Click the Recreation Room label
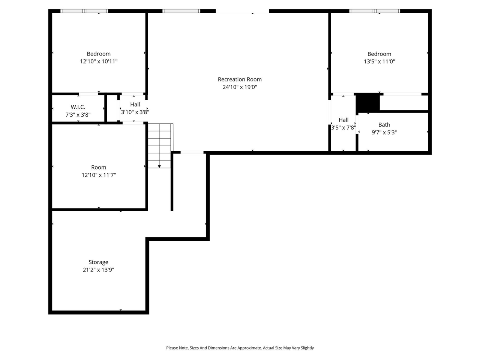tap(240, 79)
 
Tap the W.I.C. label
tap(78, 107)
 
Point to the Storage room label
tap(98, 262)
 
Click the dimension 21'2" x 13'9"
tap(98, 270)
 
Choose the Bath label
tap(384, 125)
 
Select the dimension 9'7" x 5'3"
tap(384, 132)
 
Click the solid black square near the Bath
tap(367, 102)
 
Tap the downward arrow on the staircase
tap(159, 165)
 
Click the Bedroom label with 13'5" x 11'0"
tap(379, 54)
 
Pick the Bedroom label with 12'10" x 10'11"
tap(99, 54)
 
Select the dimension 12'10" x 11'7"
tap(99, 175)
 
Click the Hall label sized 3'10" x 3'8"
tap(135, 105)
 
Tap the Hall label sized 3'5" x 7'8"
tap(343, 120)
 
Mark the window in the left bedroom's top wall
tap(84, 11)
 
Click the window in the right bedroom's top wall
tap(375, 11)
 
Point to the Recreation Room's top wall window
tap(181, 11)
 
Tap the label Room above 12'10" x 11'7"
tap(99, 168)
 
